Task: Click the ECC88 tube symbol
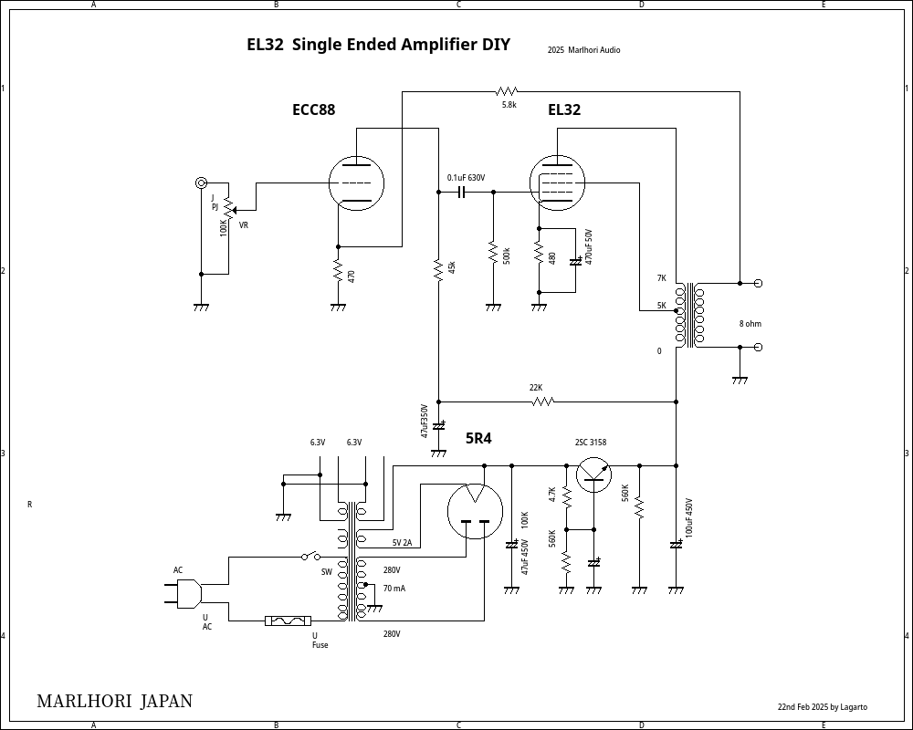[356, 183]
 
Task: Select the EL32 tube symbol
[557, 183]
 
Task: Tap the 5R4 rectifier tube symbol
[475, 511]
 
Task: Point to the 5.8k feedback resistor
[507, 91]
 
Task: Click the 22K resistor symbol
[543, 401]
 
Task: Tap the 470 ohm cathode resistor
[338, 272]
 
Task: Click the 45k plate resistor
[438, 269]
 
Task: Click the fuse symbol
[288, 621]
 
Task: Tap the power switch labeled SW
[311, 556]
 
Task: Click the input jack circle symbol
[202, 183]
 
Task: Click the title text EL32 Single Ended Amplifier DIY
[378, 45]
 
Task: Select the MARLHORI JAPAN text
[114, 701]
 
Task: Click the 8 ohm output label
[750, 324]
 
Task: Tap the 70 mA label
[394, 589]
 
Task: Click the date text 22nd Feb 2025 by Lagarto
[822, 707]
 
